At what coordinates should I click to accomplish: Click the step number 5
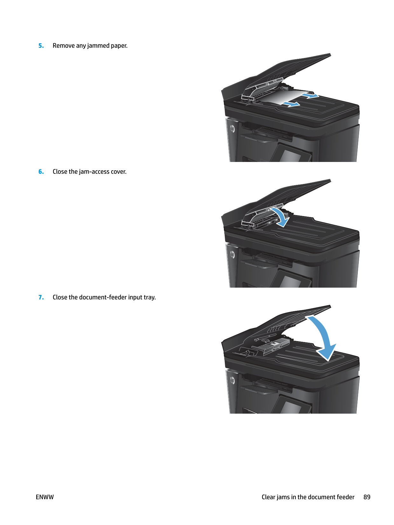tap(41, 46)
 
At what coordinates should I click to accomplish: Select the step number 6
tap(41, 172)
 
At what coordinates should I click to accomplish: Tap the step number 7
tap(41, 297)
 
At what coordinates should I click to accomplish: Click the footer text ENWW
tap(45, 497)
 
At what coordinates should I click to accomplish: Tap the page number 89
tap(367, 497)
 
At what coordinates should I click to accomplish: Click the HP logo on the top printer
tap(232, 129)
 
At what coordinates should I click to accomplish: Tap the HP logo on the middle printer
tap(232, 255)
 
